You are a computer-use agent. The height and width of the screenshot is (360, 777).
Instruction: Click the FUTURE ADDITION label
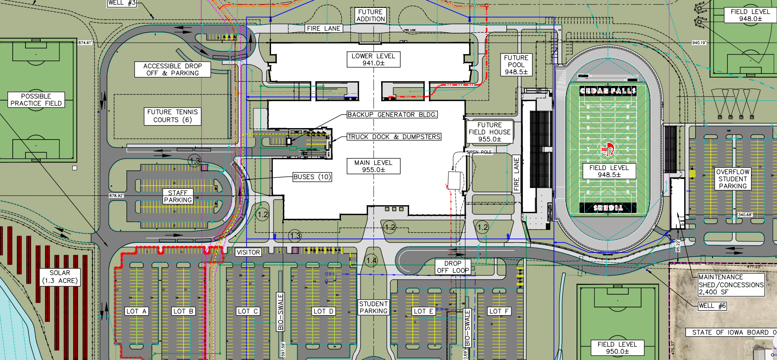[x=370, y=16]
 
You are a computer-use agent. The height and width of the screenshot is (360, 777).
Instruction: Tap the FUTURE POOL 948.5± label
[x=516, y=65]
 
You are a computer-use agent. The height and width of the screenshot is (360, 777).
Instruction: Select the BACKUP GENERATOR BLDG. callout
[x=392, y=115]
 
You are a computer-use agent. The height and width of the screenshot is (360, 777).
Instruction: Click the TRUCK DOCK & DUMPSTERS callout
[x=394, y=137]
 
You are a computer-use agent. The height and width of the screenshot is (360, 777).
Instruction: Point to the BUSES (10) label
[x=312, y=177]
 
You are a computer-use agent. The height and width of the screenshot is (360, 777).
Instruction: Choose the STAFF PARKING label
[x=178, y=196]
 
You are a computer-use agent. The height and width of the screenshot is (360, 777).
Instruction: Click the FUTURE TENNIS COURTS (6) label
[x=172, y=116]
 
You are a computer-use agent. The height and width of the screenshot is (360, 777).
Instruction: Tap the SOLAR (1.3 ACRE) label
[x=60, y=277]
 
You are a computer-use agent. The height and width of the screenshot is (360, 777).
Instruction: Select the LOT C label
[x=248, y=311]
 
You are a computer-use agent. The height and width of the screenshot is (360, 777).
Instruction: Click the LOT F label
[x=499, y=311]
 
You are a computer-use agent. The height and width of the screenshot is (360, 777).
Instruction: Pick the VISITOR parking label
[x=248, y=252]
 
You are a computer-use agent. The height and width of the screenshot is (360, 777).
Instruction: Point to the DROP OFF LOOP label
[x=453, y=267]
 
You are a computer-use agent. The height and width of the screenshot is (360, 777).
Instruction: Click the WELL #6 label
[x=712, y=306]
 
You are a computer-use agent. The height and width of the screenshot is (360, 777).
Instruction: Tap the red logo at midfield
[x=607, y=149]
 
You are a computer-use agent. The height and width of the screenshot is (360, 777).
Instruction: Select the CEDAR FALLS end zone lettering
[x=608, y=91]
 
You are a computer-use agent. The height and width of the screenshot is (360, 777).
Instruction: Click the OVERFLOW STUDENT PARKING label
[x=733, y=179]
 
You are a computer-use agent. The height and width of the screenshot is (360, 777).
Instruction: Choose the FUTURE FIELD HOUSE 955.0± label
[x=490, y=132]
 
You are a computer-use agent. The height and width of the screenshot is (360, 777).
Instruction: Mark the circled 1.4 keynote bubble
[x=371, y=260]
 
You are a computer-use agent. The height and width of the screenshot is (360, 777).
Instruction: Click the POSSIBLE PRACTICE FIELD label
[x=36, y=100]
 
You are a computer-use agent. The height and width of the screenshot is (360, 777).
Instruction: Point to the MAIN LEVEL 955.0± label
[x=373, y=166]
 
